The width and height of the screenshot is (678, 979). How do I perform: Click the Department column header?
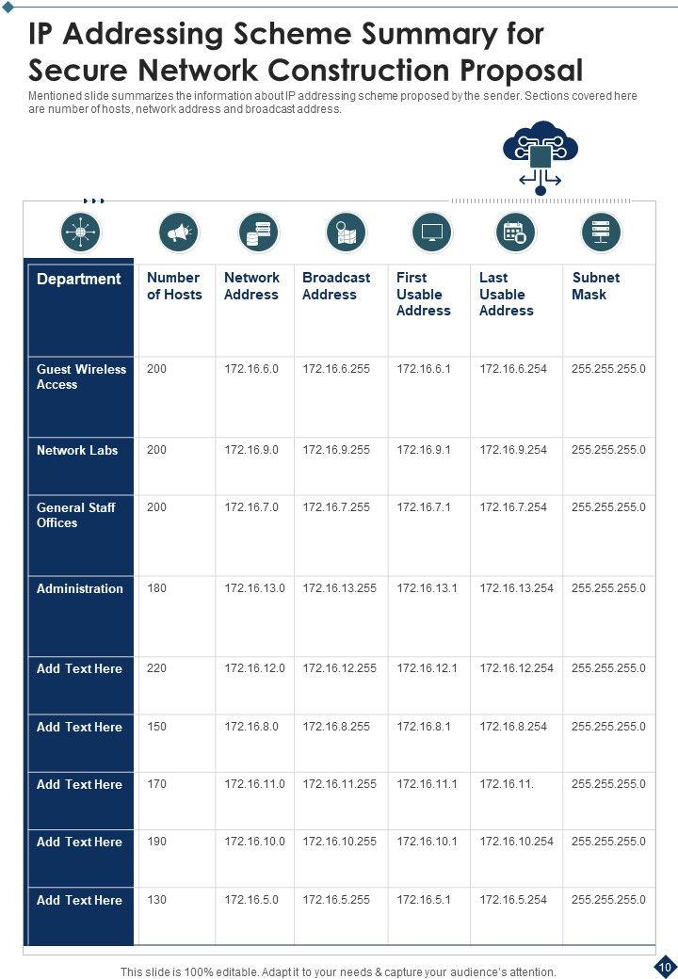pos(79,279)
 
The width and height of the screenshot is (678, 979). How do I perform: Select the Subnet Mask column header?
pos(595,286)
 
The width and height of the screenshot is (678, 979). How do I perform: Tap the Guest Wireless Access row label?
pos(81,377)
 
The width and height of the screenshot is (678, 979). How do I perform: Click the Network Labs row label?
pos(77,450)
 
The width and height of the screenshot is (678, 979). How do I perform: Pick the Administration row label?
pos(80,588)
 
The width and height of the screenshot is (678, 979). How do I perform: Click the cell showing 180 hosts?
pos(156,588)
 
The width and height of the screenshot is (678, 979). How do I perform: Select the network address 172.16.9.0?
pos(251,450)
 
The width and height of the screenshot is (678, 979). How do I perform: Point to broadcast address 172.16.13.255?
pos(339,588)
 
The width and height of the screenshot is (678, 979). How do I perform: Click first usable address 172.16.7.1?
pos(424,507)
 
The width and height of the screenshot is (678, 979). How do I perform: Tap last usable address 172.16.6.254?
pos(513,369)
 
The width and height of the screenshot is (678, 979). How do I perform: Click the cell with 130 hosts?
pos(156,900)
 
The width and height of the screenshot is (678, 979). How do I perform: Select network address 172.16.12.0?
pos(254,668)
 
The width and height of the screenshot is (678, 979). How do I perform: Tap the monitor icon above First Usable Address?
pos(432,232)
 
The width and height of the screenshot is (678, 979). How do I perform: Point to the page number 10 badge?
pos(665,967)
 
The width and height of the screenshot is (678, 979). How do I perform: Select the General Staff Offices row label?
pos(76,515)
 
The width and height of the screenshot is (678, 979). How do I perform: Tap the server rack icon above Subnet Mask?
pos(601,232)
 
